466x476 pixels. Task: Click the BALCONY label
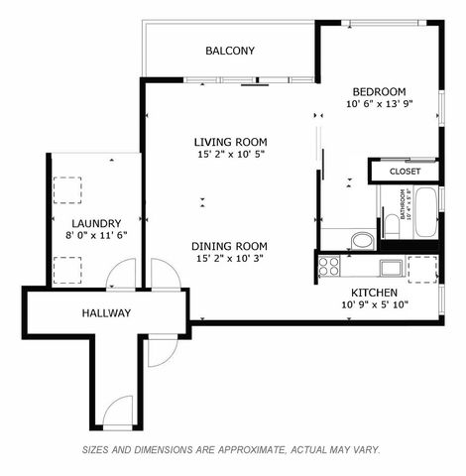[x=230, y=51]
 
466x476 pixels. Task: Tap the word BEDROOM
[x=377, y=89]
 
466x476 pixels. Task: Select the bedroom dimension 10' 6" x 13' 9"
[x=378, y=103]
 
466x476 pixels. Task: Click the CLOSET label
[x=405, y=172]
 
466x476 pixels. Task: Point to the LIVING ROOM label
[x=230, y=142]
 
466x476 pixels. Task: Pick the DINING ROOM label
[x=230, y=246]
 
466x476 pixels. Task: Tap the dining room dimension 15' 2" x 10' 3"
[x=230, y=259]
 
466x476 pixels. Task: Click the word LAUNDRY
[x=96, y=223]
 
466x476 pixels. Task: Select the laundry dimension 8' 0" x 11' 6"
[x=96, y=236]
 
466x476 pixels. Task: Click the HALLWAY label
[x=106, y=313]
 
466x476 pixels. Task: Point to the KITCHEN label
[x=375, y=293]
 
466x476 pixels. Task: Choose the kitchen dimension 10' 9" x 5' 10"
[x=375, y=305]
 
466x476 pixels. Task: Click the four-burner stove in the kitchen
[x=328, y=266]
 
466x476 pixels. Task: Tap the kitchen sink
[x=389, y=267]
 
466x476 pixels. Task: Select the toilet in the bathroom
[x=391, y=227]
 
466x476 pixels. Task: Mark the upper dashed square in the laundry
[x=69, y=189]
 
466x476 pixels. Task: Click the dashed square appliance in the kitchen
[x=422, y=268]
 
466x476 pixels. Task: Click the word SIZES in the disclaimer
[x=98, y=449]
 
